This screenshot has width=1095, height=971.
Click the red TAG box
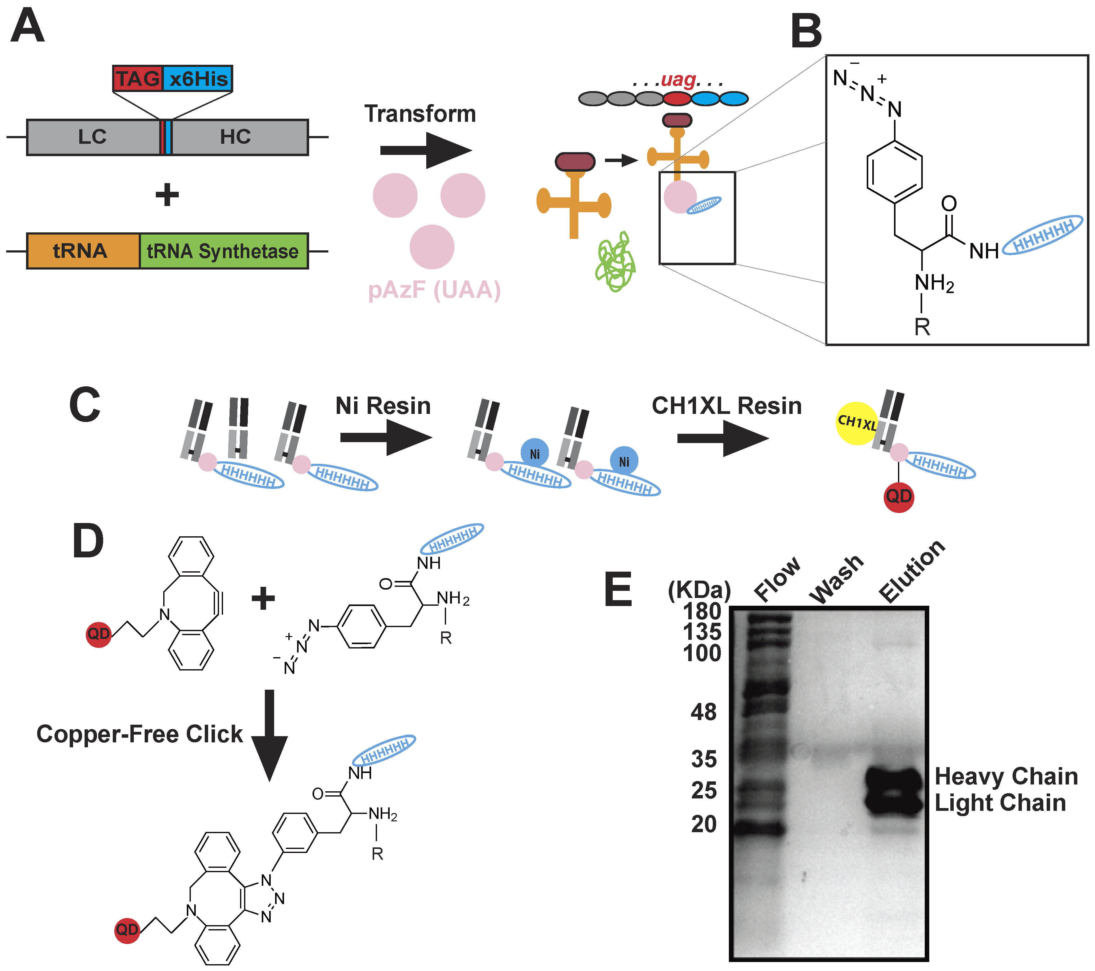point(137,79)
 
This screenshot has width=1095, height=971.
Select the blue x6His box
point(198,79)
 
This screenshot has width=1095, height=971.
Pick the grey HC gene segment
point(236,137)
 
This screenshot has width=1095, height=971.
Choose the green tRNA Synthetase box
point(223,251)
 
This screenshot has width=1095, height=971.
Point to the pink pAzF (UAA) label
point(434,290)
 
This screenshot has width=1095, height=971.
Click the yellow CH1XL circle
point(857,423)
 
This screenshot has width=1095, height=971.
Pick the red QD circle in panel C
point(898,496)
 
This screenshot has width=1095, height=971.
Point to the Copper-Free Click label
point(139,734)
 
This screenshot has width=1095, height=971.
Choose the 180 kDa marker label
point(702,611)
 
